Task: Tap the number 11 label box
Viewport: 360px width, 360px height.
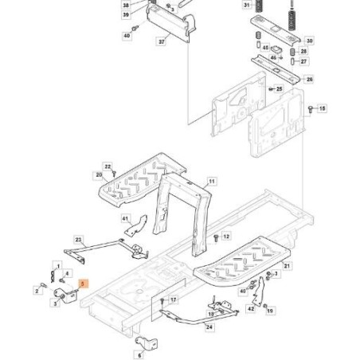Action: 211,182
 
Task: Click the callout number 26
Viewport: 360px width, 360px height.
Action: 310,79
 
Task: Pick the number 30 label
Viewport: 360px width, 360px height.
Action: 310,39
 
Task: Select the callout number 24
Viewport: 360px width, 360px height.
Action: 209,326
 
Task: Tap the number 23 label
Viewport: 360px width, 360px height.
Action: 78,238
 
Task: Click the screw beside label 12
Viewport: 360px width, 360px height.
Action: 216,237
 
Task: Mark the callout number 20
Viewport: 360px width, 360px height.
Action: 99,174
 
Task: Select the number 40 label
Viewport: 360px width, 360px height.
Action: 126,36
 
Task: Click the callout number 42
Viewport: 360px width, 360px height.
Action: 251,307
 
